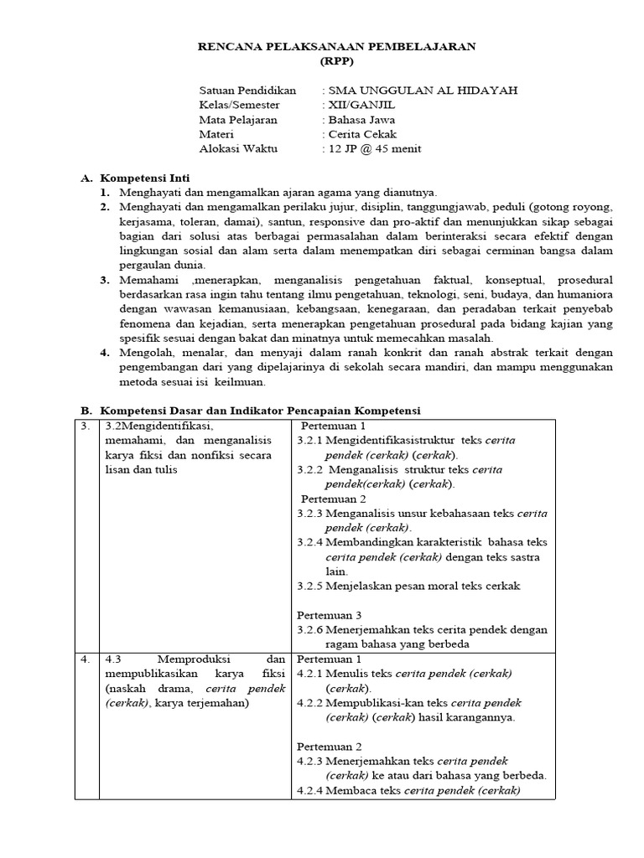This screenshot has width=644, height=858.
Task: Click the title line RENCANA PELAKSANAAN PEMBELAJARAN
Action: coord(336,47)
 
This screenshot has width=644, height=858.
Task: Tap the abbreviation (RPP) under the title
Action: coord(336,61)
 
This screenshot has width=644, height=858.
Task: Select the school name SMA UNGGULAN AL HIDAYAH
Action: coord(423,90)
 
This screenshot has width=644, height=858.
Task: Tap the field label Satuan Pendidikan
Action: coord(248,90)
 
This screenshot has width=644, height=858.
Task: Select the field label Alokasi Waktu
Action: coord(238,149)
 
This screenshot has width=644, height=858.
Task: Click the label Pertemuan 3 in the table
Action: coord(330,615)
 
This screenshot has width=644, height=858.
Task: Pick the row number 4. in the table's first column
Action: coord(86,659)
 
